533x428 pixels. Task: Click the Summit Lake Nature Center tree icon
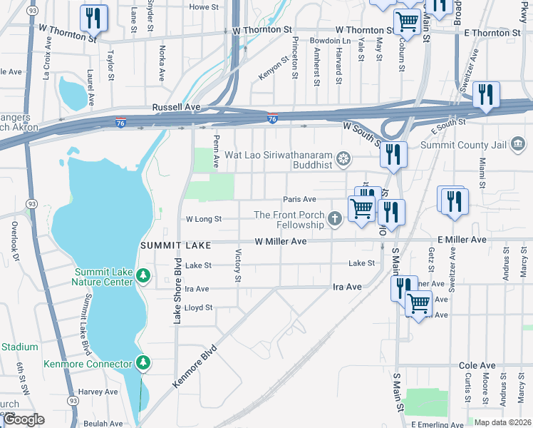(143, 275)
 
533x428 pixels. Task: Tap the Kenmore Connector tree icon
(144, 363)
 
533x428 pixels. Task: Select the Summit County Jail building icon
(518, 146)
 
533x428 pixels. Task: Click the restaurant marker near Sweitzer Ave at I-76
(486, 95)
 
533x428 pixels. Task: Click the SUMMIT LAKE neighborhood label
(175, 245)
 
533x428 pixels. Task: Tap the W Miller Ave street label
(280, 242)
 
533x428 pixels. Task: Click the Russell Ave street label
(176, 107)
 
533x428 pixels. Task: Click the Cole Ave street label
(477, 365)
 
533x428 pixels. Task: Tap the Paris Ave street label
(299, 200)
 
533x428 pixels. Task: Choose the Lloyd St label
(199, 307)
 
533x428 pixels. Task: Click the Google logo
(24, 419)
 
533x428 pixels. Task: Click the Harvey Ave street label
(98, 392)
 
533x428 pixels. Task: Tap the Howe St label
(203, 6)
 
